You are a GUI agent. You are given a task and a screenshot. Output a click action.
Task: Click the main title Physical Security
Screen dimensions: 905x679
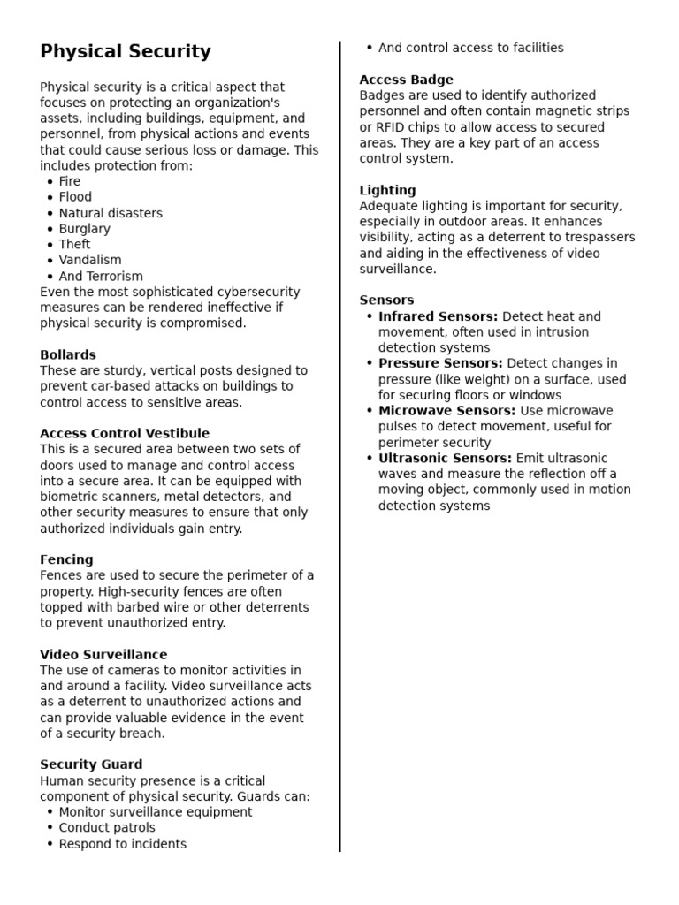pyautogui.click(x=126, y=52)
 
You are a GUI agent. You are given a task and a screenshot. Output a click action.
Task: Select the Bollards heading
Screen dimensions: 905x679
pyautogui.click(x=68, y=354)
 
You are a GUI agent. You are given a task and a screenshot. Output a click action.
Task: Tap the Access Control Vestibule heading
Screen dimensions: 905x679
pyautogui.click(x=125, y=433)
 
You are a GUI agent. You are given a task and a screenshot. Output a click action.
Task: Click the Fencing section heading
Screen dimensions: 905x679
pyautogui.click(x=66, y=559)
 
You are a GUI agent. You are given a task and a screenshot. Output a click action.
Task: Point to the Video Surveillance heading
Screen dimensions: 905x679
pyautogui.click(x=103, y=655)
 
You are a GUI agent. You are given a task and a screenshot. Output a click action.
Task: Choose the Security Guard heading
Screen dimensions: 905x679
pyautogui.click(x=91, y=764)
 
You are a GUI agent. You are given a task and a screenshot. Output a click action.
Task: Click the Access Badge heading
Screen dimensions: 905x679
pyautogui.click(x=406, y=80)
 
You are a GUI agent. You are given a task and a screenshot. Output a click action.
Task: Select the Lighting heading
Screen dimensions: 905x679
pyautogui.click(x=387, y=190)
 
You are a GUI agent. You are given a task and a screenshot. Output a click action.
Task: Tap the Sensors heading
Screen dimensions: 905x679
pyautogui.click(x=386, y=300)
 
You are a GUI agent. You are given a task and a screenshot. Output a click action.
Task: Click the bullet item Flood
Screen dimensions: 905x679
pyautogui.click(x=75, y=197)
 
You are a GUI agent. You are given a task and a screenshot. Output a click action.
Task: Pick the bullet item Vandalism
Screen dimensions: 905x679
pyautogui.click(x=90, y=260)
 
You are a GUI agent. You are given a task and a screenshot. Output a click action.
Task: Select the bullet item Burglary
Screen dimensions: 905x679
pyautogui.click(x=85, y=229)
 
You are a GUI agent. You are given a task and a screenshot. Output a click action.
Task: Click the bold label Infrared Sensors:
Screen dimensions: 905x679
pyautogui.click(x=438, y=316)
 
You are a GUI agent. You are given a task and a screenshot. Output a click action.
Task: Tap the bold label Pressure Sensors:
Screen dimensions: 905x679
pyautogui.click(x=440, y=363)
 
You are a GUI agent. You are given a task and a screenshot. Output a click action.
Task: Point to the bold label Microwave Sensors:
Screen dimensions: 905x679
pyautogui.click(x=446, y=411)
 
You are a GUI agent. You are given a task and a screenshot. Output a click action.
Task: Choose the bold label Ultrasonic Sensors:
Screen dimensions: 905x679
pyautogui.click(x=445, y=458)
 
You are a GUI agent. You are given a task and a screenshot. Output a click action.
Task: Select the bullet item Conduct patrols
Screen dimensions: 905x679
pyautogui.click(x=107, y=828)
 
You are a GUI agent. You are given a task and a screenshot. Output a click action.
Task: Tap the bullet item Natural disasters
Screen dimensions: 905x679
pyautogui.click(x=111, y=213)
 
